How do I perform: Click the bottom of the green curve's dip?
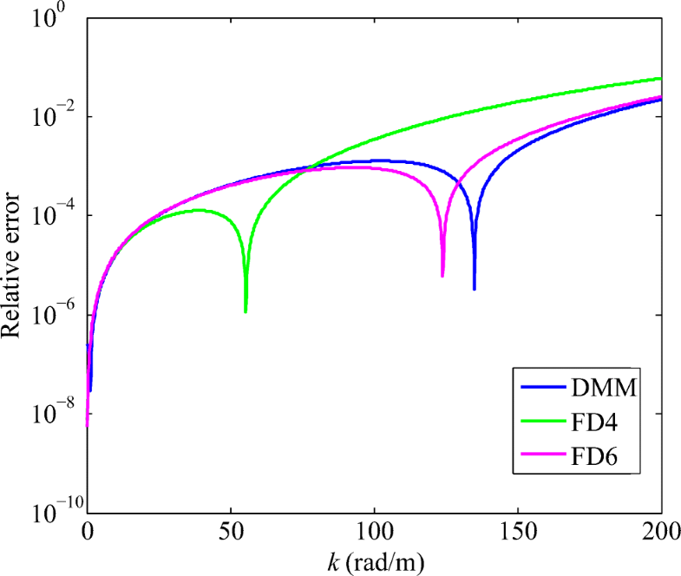pyautogui.click(x=246, y=311)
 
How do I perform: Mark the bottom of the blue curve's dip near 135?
pyautogui.click(x=475, y=288)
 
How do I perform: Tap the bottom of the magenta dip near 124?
pyautogui.click(x=442, y=275)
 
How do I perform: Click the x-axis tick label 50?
pyautogui.click(x=231, y=530)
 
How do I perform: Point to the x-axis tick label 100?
pyautogui.click(x=375, y=530)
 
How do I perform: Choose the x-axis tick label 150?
pyautogui.click(x=518, y=530)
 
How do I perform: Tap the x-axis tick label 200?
pyautogui.click(x=660, y=530)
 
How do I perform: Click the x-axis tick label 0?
pyautogui.click(x=87, y=530)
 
